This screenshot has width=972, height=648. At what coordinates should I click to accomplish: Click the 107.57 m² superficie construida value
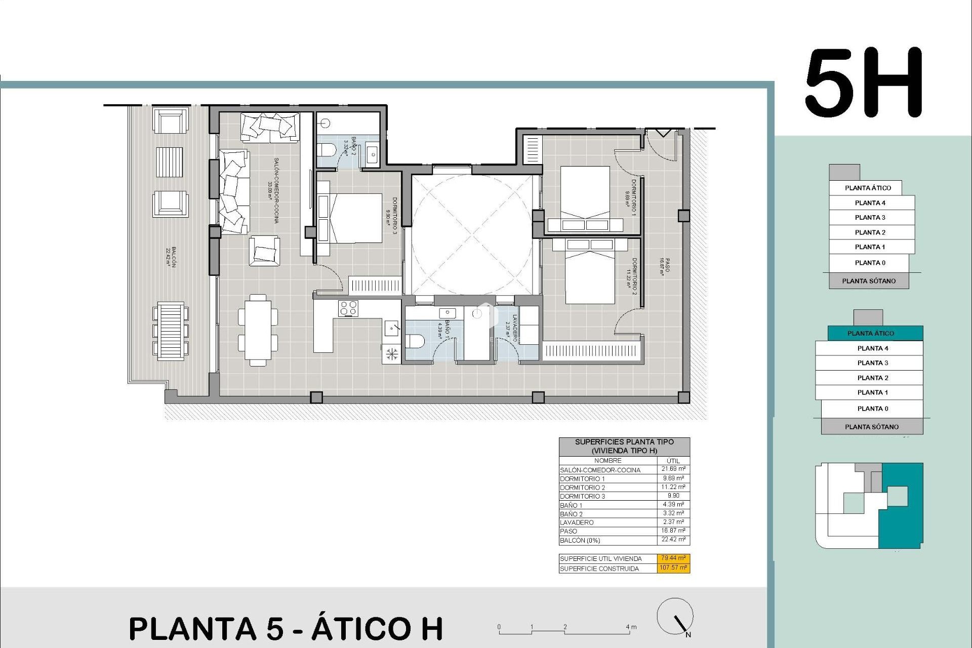point(674,568)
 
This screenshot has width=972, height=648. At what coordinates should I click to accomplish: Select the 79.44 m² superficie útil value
point(674,558)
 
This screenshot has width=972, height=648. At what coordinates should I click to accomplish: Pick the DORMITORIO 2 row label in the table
point(582,488)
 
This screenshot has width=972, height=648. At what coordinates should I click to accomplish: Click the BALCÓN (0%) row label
point(580,541)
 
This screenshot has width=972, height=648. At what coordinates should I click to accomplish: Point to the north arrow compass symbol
point(675,617)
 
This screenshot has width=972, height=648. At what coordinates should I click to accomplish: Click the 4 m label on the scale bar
point(631,627)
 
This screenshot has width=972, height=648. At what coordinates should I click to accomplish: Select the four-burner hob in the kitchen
point(348,308)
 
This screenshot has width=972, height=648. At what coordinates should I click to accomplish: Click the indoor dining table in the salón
point(258,330)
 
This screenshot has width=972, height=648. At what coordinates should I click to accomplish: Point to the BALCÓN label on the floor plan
point(171,257)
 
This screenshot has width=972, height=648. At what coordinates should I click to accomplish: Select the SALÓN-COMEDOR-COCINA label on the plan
point(273,190)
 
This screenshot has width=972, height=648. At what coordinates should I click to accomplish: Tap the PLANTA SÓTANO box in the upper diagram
point(869,281)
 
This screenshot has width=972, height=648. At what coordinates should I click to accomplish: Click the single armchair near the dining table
point(264,251)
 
